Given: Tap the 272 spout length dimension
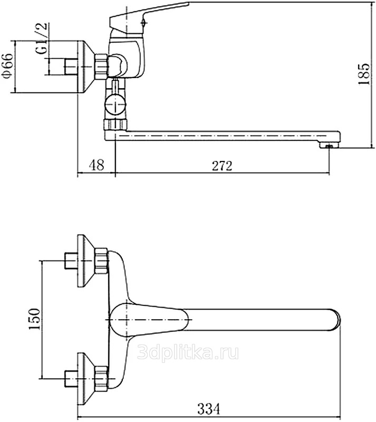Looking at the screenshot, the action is pos(222,166).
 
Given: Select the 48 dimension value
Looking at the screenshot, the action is pos(97,165).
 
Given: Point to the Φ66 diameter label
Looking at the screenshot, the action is pos(8,66).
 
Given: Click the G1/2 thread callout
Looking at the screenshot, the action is pos(42,38).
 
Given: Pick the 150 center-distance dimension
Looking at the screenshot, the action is pos(34,319).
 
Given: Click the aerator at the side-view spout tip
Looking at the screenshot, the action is pos(329,146).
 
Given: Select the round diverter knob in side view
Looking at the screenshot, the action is pos(115,105).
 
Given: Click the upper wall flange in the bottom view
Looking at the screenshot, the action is pos(86,261).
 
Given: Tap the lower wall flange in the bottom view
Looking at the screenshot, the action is pos(86,379).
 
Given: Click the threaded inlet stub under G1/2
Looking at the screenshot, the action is pos(71,66).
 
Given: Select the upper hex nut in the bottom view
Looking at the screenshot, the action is pos(101,261).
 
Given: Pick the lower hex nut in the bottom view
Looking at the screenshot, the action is pos(101,379).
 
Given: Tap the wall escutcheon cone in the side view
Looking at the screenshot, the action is pos(86,67).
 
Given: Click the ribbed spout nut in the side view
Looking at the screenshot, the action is pos(115,125).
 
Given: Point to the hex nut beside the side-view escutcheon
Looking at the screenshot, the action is pos(101,66).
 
